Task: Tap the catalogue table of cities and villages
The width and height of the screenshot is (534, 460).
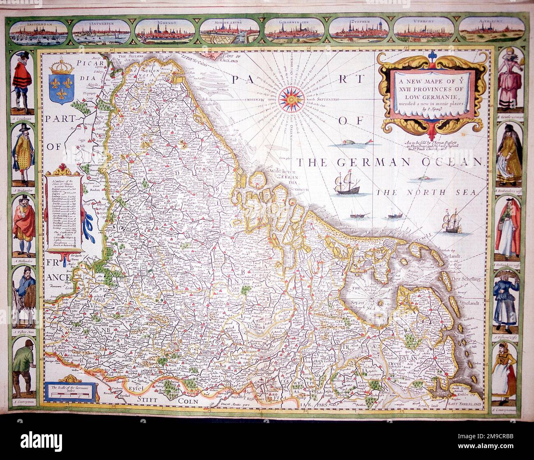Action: [66, 210]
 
